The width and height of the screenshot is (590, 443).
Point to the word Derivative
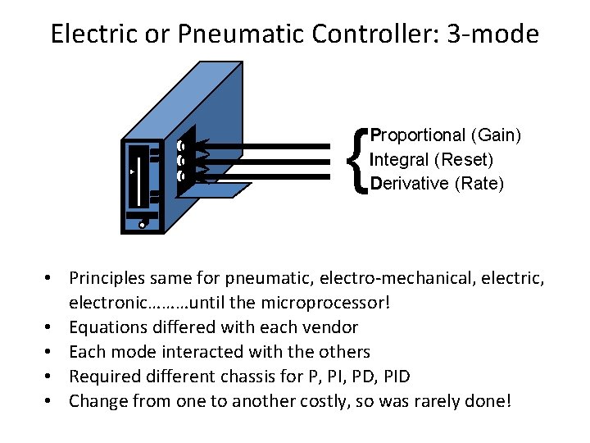tap(409, 183)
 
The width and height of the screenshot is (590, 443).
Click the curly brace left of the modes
tap(356, 159)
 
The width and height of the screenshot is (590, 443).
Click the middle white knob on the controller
tap(180, 161)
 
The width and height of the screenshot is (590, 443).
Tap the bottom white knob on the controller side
tap(180, 176)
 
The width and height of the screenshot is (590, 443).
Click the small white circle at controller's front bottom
tap(143, 224)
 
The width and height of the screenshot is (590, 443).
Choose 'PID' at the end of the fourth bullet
tap(395, 377)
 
